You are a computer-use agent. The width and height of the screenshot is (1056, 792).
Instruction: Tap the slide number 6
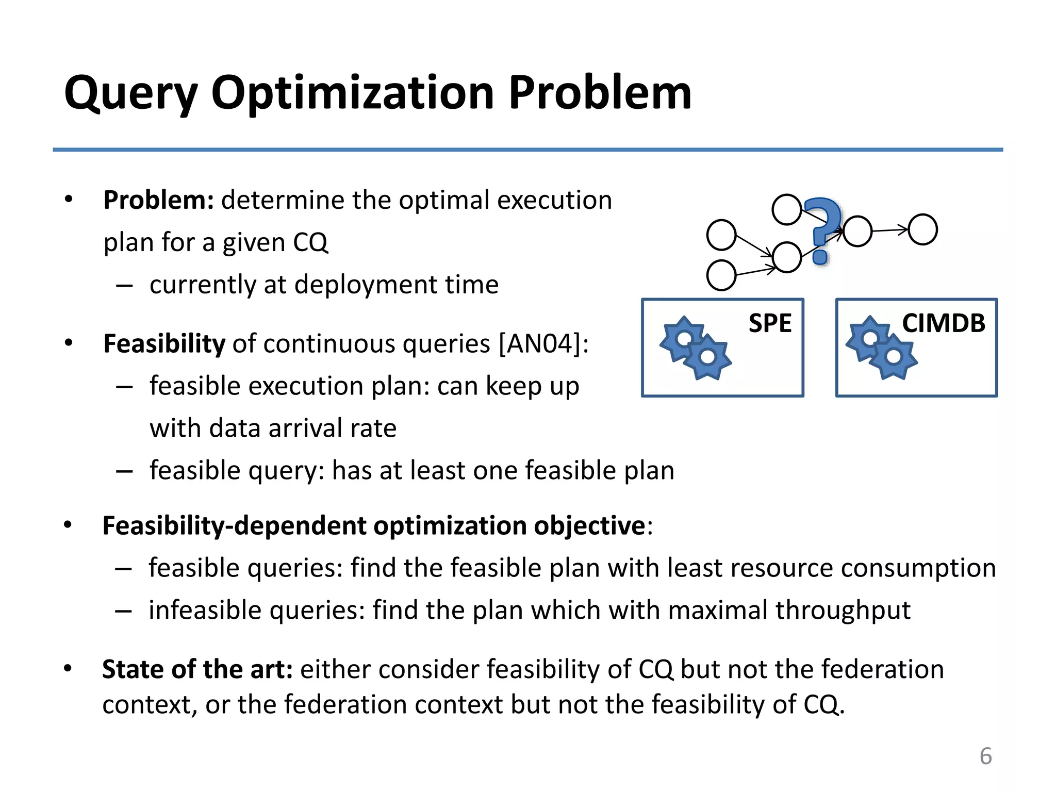click(x=985, y=756)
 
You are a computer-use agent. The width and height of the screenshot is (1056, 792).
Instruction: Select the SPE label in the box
click(x=770, y=323)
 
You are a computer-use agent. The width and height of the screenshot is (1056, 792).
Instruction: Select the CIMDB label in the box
click(x=943, y=323)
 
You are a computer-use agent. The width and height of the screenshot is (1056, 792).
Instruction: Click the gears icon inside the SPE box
click(x=695, y=348)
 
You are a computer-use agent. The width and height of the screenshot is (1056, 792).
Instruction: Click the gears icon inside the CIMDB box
click(x=881, y=348)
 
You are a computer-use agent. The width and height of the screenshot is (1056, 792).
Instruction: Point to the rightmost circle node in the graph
click(x=922, y=229)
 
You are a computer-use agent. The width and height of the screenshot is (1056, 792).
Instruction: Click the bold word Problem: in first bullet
click(x=158, y=200)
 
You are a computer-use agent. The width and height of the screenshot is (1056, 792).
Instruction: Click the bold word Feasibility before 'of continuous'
click(x=164, y=343)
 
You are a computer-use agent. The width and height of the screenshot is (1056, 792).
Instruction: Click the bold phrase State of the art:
click(x=197, y=669)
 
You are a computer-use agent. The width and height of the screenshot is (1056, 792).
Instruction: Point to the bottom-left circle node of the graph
click(x=721, y=275)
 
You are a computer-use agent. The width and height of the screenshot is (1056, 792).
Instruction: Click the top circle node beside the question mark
click(x=786, y=210)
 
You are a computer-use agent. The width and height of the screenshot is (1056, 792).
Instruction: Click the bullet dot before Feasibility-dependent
click(x=68, y=525)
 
